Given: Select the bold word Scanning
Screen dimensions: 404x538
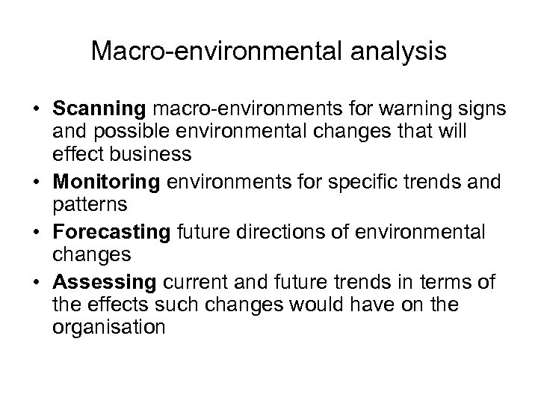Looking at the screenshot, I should click(99, 110).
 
